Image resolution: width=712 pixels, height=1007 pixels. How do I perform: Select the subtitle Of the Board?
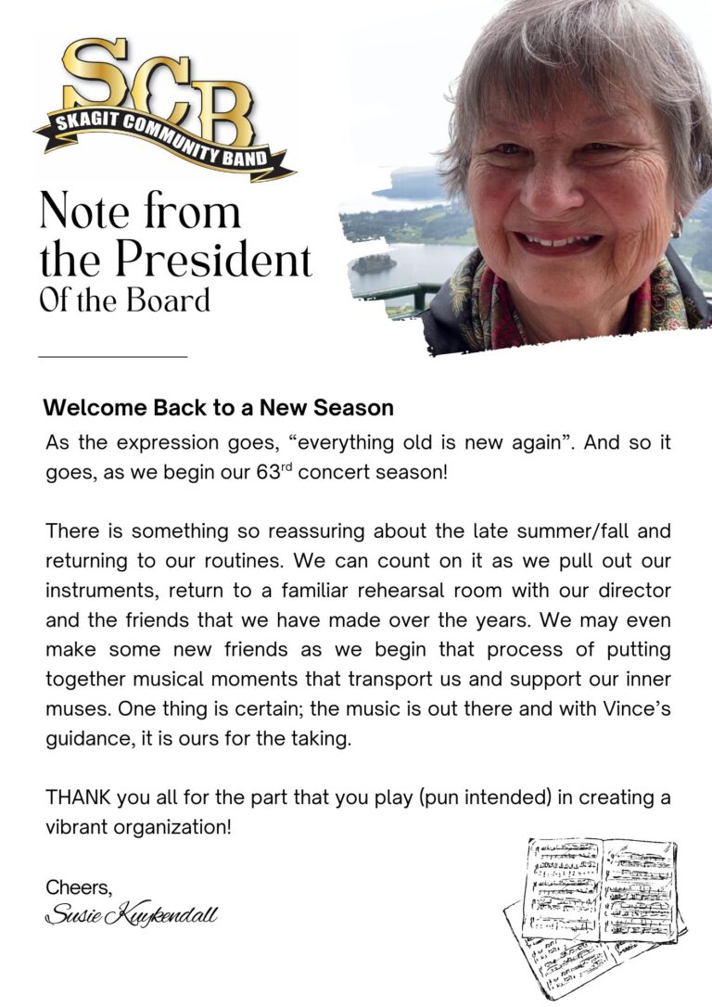124,300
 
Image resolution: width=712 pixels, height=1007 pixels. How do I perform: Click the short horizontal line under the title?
112,355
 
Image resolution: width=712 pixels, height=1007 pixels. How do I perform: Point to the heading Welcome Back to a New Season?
219,408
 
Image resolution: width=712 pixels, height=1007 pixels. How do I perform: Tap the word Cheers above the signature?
79,887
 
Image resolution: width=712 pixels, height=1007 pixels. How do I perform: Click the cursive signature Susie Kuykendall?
131,916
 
